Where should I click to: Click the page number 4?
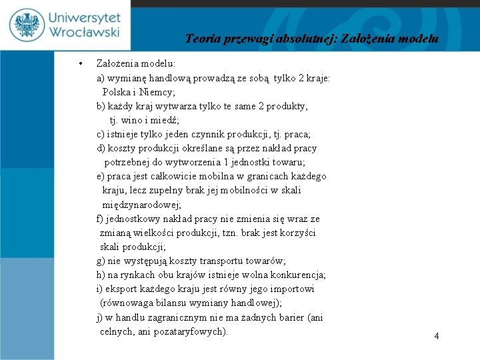click(x=437, y=337)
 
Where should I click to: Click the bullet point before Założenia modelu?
click(x=80, y=64)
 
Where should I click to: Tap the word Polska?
click(x=117, y=92)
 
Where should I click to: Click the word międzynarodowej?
click(x=141, y=205)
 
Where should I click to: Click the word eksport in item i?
click(x=121, y=289)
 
